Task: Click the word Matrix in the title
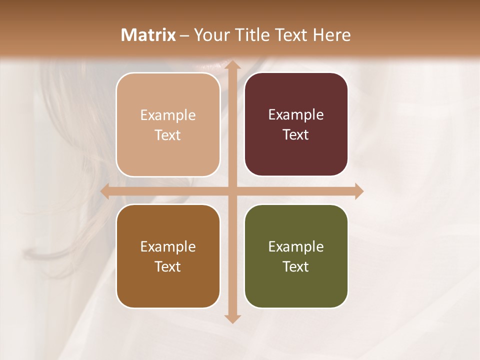pyautogui.click(x=148, y=35)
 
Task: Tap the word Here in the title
pyautogui.click(x=331, y=35)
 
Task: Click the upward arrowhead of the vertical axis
pyautogui.click(x=232, y=65)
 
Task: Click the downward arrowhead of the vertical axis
pyautogui.click(x=232, y=318)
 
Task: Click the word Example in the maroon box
pyautogui.click(x=296, y=114)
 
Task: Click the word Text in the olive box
pyautogui.click(x=296, y=266)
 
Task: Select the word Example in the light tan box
pyautogui.click(x=168, y=115)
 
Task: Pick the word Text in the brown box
pyautogui.click(x=168, y=266)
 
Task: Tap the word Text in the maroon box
pyautogui.click(x=296, y=134)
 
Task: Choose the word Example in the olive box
pyautogui.click(x=296, y=246)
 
